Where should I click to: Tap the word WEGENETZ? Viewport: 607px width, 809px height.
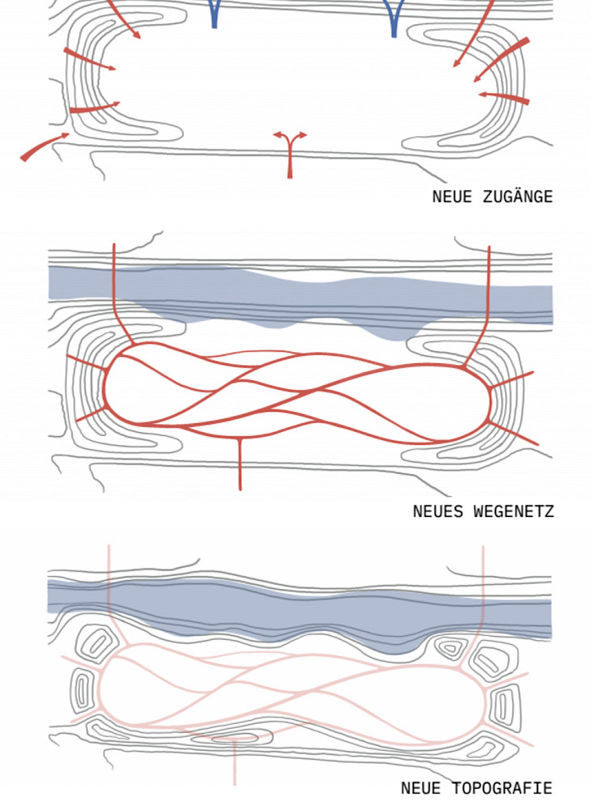(x=514, y=511)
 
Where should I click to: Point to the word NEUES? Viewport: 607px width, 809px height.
(x=437, y=511)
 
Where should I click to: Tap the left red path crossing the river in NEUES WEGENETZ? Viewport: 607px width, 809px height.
(x=114, y=283)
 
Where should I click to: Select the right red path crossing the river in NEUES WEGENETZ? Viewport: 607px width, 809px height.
(x=489, y=283)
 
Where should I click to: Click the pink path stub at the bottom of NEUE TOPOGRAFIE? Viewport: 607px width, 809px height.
(x=235, y=765)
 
